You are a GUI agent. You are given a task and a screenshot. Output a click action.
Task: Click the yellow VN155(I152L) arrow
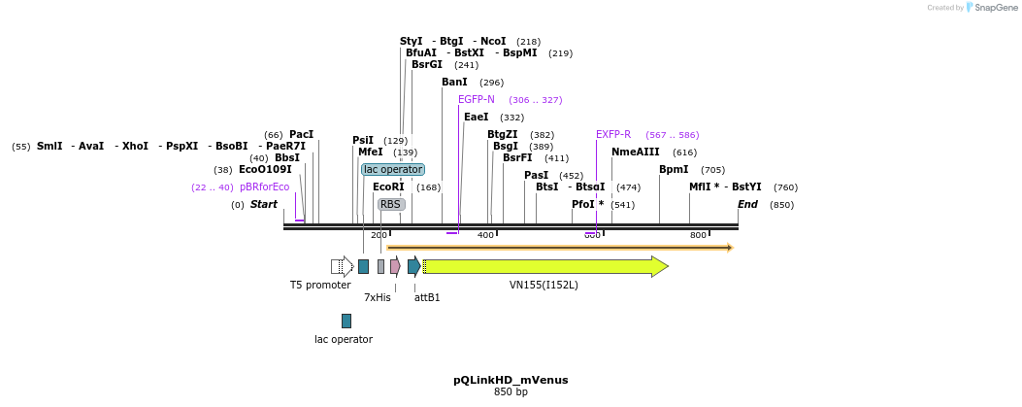tap(544, 266)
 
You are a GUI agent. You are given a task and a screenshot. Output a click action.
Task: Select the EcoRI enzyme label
tap(387, 187)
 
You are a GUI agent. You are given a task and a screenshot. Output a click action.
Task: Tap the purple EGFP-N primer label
tap(477, 99)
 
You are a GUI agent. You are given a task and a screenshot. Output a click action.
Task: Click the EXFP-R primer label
tap(613, 134)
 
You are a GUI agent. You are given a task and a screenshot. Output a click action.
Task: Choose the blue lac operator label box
tap(393, 169)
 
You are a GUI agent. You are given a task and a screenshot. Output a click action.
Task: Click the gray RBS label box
tap(391, 204)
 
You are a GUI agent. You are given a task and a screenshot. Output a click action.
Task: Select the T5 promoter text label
tap(320, 286)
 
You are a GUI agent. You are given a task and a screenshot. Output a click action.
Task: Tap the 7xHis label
tap(378, 298)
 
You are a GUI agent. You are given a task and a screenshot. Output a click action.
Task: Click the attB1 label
tap(427, 298)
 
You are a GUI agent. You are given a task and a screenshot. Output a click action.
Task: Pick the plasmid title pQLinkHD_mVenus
tap(511, 380)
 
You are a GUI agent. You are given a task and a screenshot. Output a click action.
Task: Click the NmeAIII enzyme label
tap(635, 152)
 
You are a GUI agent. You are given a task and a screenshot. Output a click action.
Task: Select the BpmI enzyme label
tap(674, 169)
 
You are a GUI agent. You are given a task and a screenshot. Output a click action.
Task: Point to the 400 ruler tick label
tap(485, 235)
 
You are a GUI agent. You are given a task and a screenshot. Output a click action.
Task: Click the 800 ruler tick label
tap(698, 235)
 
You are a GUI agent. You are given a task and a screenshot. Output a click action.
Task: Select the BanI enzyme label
tap(454, 82)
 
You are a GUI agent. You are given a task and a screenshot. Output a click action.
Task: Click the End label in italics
tap(747, 204)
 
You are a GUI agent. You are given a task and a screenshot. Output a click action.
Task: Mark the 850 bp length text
tap(511, 392)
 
